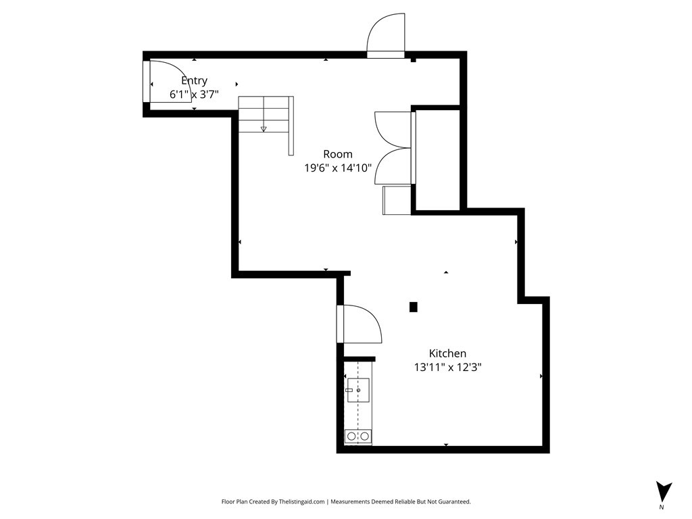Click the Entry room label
coord(194,80)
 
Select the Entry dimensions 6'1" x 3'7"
coord(194,95)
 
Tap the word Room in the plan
coord(337,154)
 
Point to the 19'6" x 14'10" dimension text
coord(338,168)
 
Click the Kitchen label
coord(447,353)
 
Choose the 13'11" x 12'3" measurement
coord(447,368)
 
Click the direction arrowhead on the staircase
coord(264,129)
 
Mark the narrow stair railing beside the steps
coord(291,125)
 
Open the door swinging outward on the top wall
coord(385,34)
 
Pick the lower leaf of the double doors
coord(392,166)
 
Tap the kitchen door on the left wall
coord(362,324)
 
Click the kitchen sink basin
coord(357,390)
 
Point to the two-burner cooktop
coord(357,437)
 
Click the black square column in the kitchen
coord(414,307)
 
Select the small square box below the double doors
coord(397,200)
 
